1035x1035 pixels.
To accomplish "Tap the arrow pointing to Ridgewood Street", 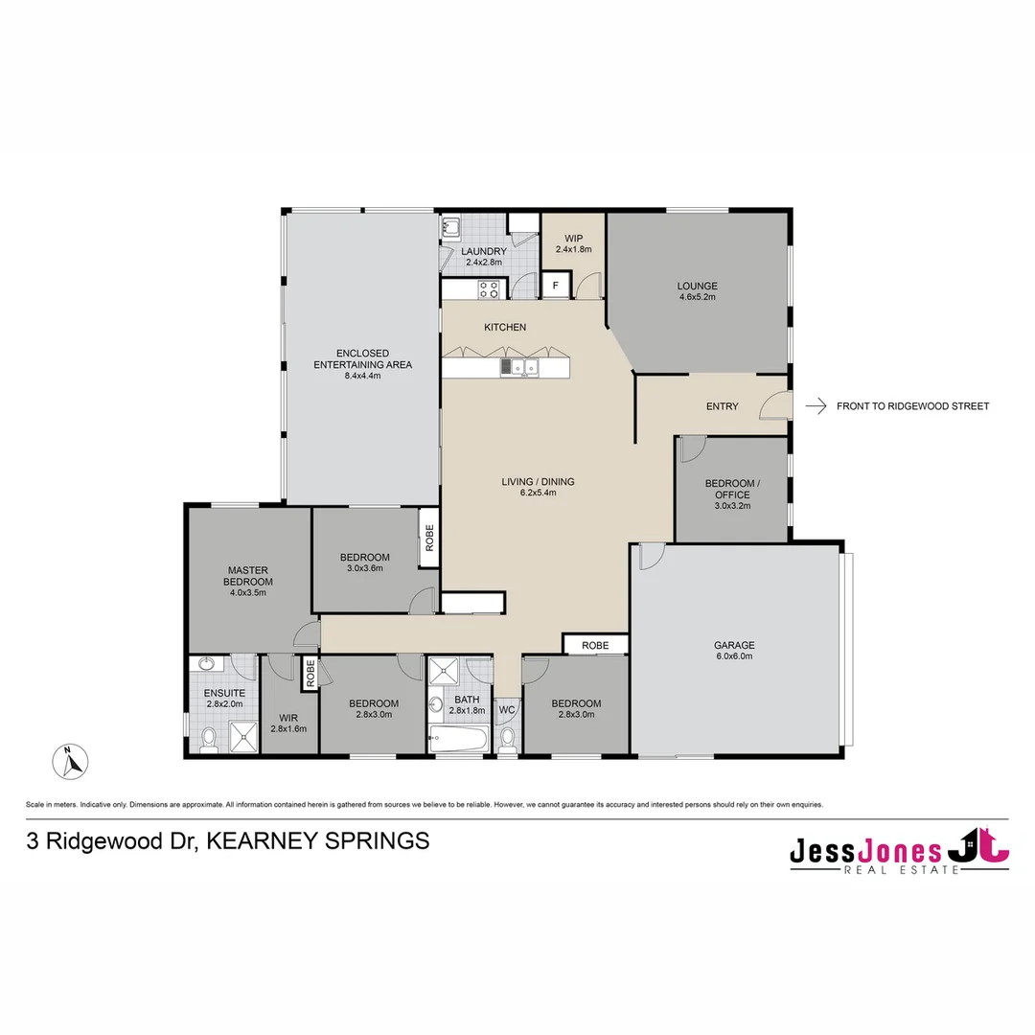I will coord(816,406).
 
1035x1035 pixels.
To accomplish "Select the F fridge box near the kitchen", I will coord(554,285).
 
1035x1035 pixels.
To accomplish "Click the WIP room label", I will coord(574,238).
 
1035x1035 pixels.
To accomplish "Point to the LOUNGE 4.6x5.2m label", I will coord(697,291).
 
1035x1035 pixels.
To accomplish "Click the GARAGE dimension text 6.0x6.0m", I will coord(733,656).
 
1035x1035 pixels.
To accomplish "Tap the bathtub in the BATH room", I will coord(460,739).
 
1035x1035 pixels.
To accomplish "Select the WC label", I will coord(507,710).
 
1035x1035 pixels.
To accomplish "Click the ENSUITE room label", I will coord(224,693).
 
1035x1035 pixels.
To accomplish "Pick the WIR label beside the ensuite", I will coord(288,717).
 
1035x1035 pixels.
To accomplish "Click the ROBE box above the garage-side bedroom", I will coord(595,645).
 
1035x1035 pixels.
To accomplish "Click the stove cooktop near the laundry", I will coord(488,288).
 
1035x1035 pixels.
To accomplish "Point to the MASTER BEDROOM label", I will coord(248,576).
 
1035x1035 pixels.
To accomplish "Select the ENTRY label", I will coord(722,406).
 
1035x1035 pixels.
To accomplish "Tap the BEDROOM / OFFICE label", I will coord(732,489).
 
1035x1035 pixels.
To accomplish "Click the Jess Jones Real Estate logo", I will coord(899,851).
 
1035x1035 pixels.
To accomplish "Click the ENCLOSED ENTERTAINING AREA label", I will coord(362,364).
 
